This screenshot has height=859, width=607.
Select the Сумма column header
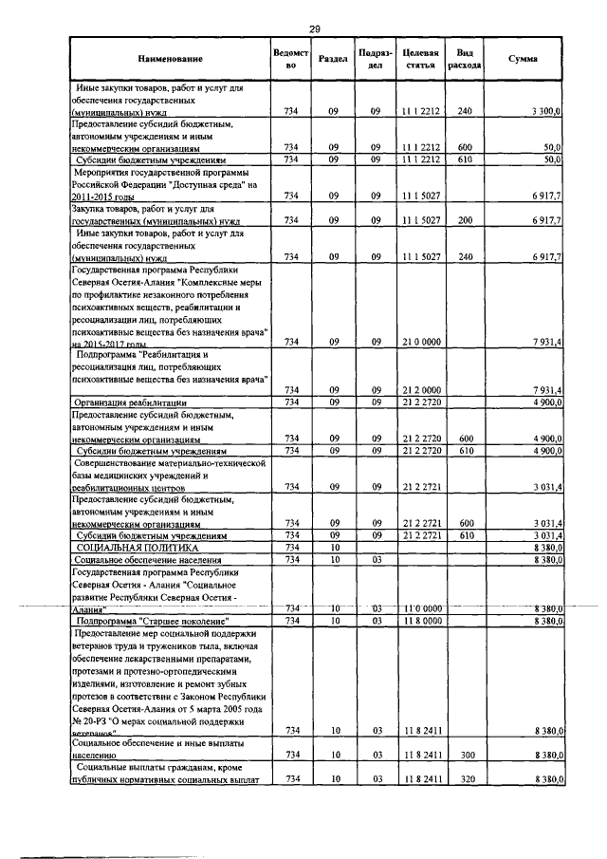(523, 59)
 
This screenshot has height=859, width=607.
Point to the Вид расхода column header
(465, 59)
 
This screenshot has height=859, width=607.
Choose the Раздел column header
(333, 59)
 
